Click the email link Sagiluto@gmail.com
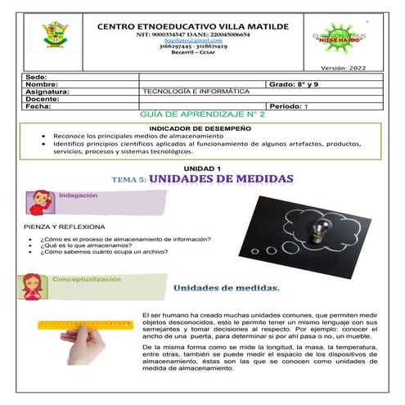[x=191, y=38]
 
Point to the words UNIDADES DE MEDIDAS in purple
[x=220, y=178]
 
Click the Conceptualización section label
[x=86, y=280]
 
